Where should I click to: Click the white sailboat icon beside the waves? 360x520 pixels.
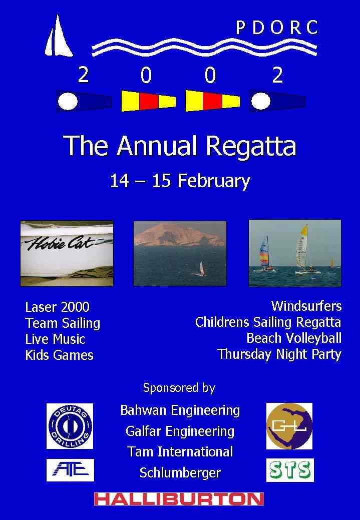59,37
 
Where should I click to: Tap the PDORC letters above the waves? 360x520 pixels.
277,28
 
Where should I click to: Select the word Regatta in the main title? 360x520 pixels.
251,146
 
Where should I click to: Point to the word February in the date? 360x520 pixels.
214,181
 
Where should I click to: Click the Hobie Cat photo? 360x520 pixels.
67,253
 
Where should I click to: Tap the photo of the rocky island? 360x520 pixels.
180,253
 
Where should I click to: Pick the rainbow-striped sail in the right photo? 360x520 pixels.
264,251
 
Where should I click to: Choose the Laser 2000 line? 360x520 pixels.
58,307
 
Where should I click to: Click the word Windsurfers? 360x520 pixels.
306,306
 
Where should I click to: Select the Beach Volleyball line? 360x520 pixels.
294,338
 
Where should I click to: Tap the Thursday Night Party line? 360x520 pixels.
279,354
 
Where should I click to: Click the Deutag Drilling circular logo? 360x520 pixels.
70,426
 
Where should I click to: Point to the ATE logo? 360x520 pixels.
70,470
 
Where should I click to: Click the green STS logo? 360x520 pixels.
290,470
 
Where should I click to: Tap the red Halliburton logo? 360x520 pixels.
179,499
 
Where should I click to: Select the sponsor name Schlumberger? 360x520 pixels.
180,473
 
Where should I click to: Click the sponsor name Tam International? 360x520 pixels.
180,451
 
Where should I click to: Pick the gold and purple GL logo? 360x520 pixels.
289,426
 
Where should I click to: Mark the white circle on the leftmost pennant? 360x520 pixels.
68,101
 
